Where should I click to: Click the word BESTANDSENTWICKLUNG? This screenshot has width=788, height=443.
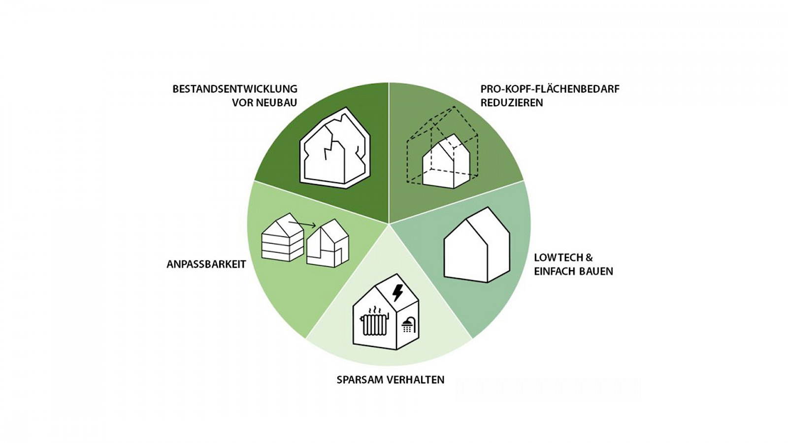click(235, 89)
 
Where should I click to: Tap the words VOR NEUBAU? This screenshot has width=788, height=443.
click(264, 103)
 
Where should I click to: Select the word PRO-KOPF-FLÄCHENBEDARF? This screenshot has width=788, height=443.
click(550, 89)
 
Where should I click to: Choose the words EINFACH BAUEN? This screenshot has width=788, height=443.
click(573, 271)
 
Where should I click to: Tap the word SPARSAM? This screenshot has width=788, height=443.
click(359, 380)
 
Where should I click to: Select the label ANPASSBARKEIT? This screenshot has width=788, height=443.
click(206, 264)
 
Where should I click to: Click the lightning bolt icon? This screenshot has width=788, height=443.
click(397, 293)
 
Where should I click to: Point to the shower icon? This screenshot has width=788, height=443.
click(408, 324)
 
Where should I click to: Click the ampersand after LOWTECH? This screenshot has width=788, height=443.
click(589, 257)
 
